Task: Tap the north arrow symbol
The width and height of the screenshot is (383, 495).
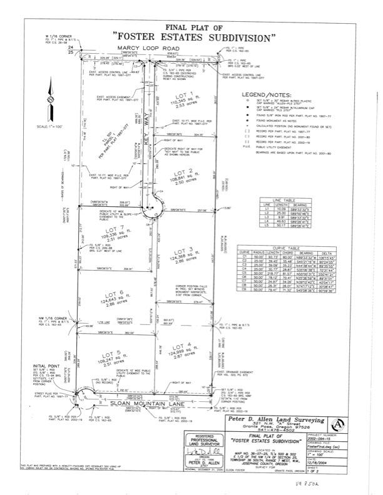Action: [x=50, y=101]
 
